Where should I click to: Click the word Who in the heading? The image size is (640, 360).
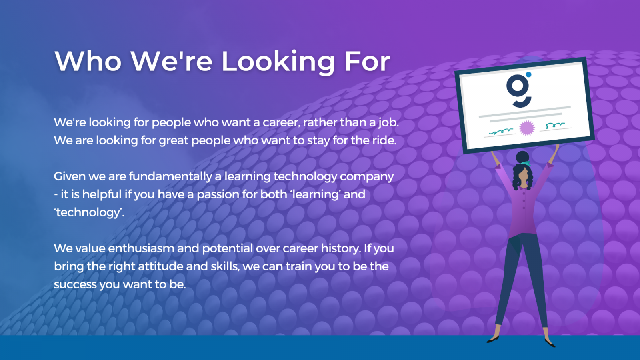click(88, 61)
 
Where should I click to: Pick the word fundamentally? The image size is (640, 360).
click(170, 177)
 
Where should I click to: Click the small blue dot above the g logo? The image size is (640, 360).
click(528, 74)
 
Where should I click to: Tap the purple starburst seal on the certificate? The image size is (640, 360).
click(527, 128)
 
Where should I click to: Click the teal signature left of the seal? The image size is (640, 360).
click(501, 131)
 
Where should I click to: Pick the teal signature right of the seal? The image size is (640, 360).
click(555, 125)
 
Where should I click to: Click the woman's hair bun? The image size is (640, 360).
click(522, 157)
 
